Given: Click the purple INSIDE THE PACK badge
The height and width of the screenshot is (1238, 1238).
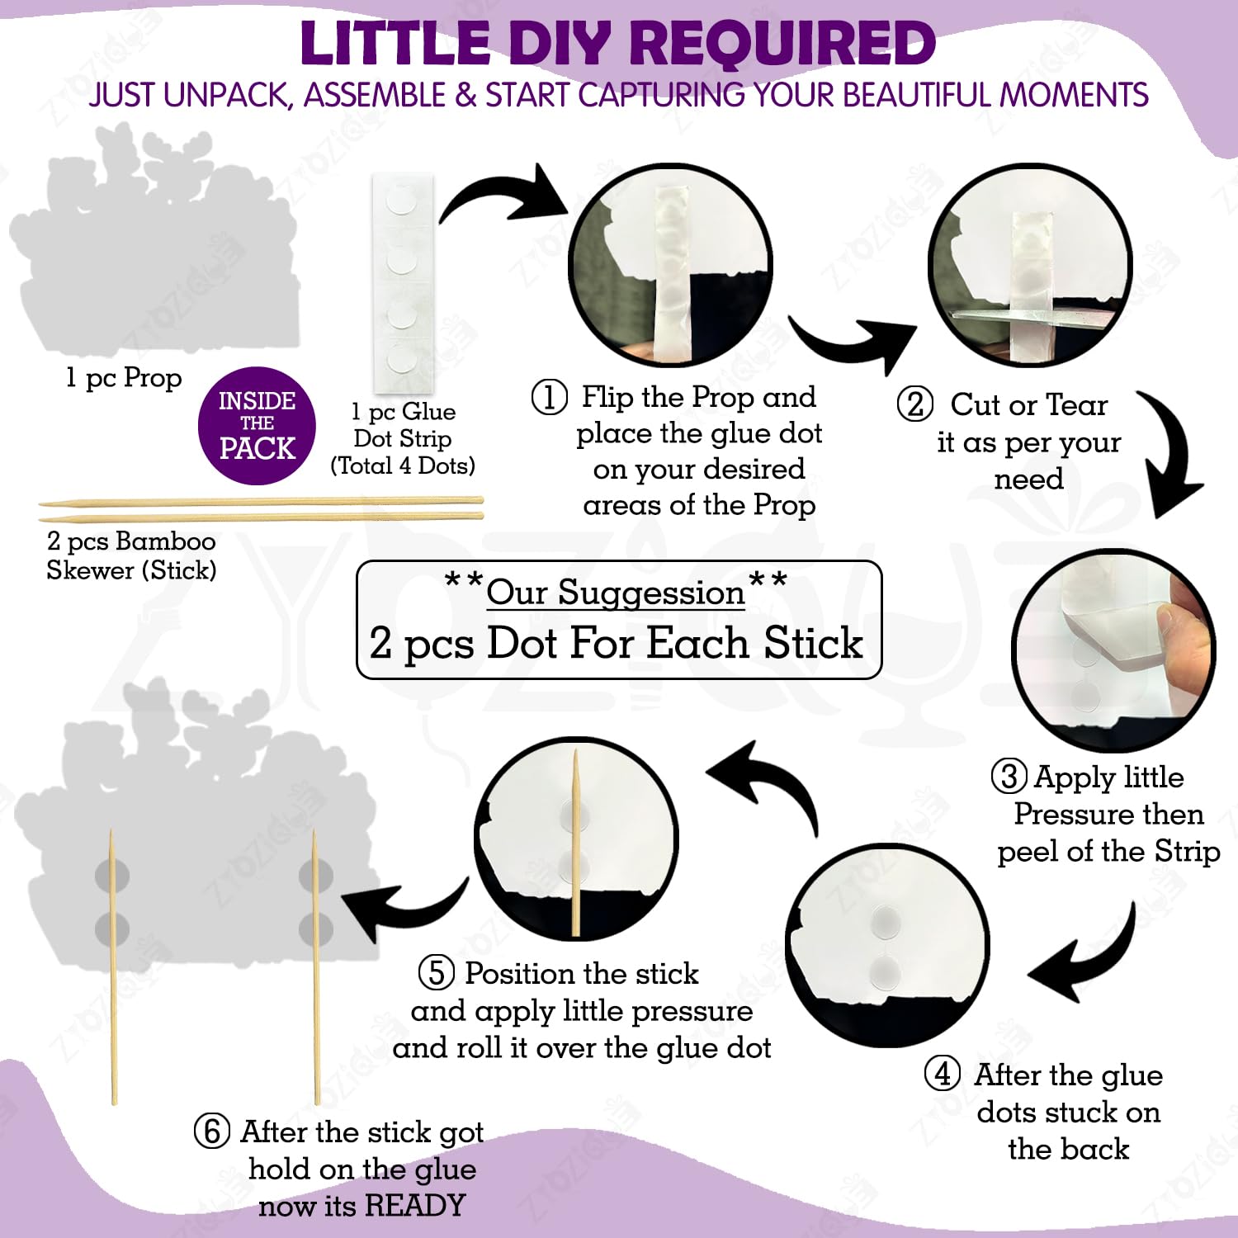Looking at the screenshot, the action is (257, 425).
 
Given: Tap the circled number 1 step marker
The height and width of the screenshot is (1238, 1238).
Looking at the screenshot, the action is (549, 397).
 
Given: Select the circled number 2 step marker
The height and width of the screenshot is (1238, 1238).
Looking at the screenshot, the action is (914, 404).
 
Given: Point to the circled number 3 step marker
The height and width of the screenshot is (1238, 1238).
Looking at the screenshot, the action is (1009, 777).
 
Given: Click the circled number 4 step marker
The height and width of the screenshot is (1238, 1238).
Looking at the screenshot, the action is (942, 1074).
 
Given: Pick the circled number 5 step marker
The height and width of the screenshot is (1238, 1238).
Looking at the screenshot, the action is (437, 972).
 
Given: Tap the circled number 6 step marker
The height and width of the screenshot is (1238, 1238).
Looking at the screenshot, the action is (212, 1131).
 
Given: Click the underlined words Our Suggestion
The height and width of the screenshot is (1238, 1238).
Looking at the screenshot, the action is (616, 593).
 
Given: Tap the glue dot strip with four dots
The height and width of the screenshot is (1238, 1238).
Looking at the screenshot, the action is (402, 282).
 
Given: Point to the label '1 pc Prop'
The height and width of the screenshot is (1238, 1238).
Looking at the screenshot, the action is (124, 378).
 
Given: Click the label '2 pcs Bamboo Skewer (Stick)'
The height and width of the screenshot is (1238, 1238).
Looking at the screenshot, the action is (131, 555).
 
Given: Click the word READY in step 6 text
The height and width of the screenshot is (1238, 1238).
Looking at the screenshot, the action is (415, 1205).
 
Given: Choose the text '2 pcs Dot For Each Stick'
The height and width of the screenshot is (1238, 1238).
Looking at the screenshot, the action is (616, 643).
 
